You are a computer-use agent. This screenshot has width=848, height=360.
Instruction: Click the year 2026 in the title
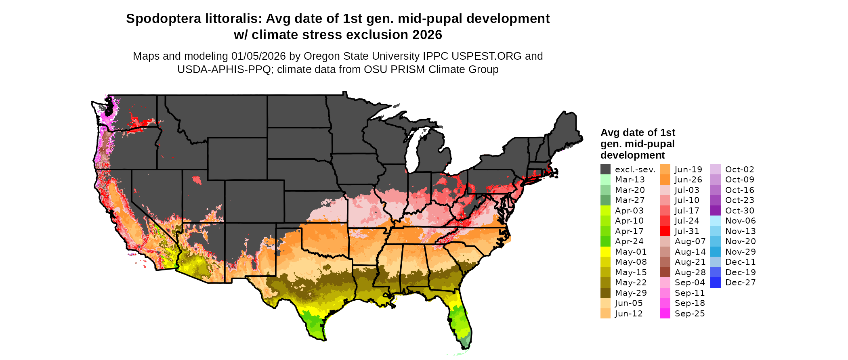coord(427,35)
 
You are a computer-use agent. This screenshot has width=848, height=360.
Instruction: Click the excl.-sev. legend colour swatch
coord(605,170)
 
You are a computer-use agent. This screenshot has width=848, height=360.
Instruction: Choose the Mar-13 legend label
coord(630,180)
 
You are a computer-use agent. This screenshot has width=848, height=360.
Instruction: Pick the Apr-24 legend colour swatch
coord(605,241)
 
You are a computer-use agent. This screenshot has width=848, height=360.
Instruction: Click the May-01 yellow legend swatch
coord(605,252)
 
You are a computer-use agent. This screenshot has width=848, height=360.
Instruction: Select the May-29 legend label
coord(631,293)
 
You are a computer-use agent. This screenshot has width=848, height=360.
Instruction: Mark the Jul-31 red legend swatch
coord(665,231)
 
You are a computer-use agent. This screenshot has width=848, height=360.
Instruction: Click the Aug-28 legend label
coord(690,272)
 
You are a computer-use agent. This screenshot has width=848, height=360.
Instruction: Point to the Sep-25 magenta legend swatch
coord(665,314)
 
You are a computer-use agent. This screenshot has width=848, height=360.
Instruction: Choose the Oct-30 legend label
coord(739,211)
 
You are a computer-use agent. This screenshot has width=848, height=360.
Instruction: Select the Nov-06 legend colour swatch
coord(715,221)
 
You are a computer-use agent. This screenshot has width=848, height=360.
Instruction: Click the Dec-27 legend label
coord(740,283)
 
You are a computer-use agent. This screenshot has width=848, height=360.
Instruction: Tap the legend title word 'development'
coord(632,155)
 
